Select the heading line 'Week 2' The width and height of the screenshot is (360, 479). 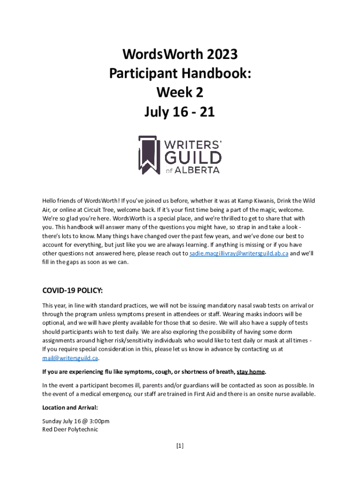pos(180,93)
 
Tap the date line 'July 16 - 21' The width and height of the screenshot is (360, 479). pos(180,112)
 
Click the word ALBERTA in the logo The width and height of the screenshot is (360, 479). pos(198,170)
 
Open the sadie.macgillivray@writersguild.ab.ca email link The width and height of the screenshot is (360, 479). pos(238,253)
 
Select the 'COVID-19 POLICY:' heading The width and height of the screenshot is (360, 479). pos(73,291)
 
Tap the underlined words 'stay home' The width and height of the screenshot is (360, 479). pos(251,372)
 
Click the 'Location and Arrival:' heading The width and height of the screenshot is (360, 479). pos(70,407)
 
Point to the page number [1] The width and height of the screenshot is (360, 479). pos(180,446)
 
